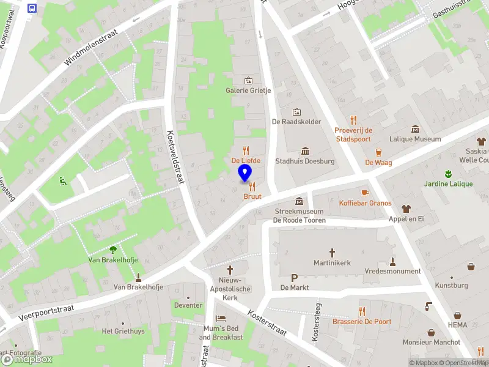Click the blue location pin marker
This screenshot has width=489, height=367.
245,173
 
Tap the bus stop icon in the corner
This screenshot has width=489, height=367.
32,9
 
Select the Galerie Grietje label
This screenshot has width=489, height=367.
248,91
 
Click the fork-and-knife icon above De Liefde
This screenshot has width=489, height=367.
246,150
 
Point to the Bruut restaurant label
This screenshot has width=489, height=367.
252,196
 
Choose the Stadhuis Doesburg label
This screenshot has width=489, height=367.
305,161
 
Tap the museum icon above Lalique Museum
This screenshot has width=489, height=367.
416,128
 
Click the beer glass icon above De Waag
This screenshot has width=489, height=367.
378,152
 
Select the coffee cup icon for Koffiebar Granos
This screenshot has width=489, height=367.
365,193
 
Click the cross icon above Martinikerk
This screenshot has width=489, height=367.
333,252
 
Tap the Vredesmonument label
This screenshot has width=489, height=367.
392,271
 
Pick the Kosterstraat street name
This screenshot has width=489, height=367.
267,322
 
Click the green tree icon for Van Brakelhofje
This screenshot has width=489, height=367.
112,249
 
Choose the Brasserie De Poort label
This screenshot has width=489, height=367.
361,321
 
